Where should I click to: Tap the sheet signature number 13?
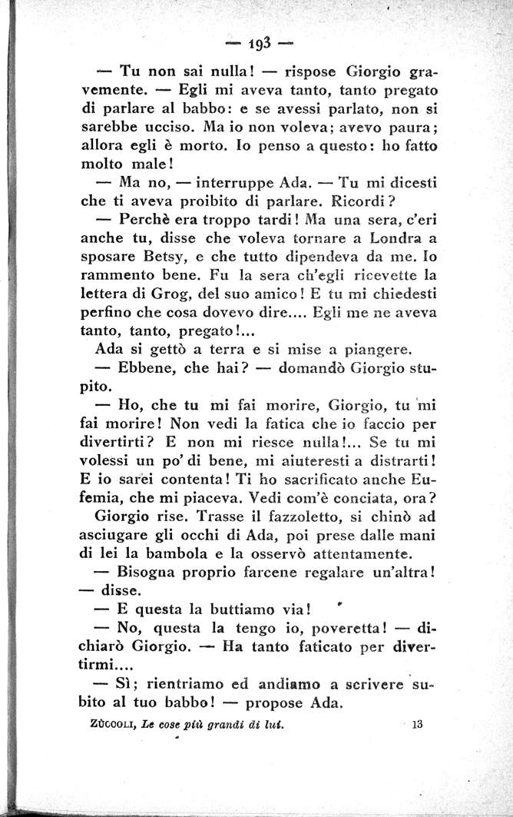[x=418, y=723]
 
